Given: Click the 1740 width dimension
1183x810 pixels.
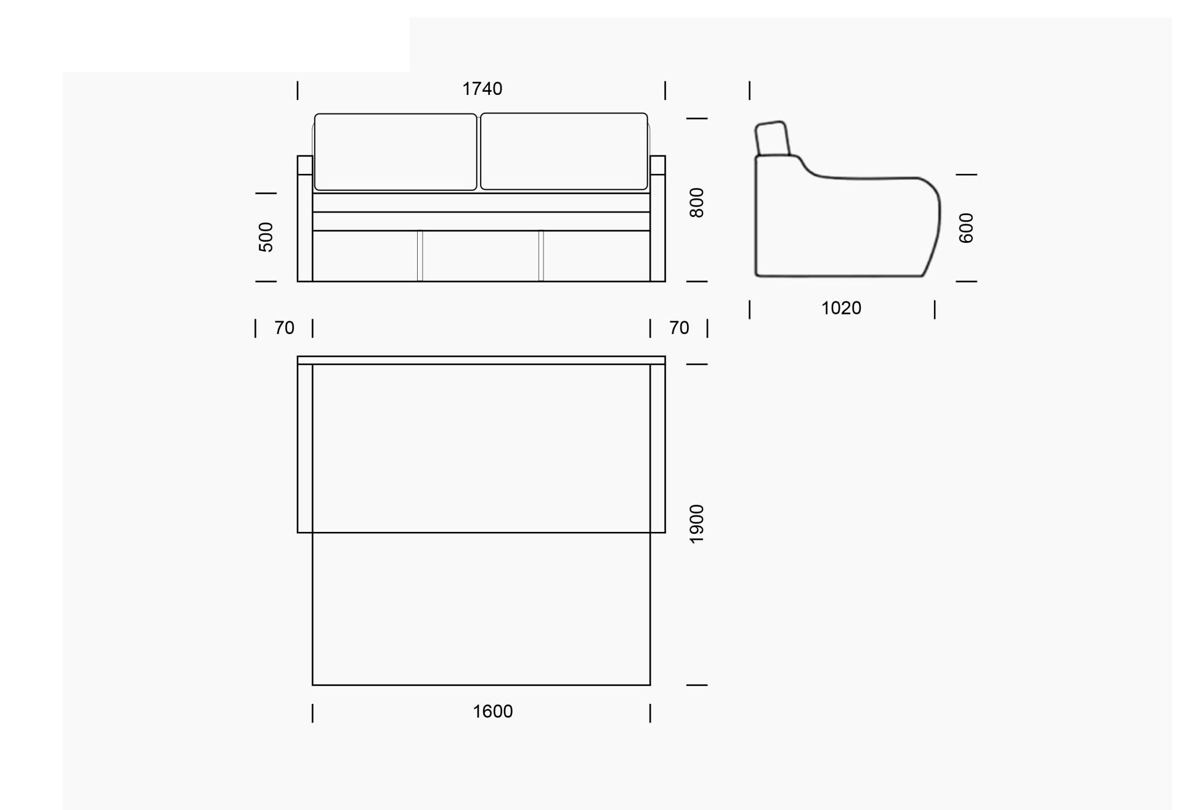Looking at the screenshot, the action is pyautogui.click(x=482, y=89).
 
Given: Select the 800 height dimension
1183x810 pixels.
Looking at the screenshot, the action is pyautogui.click(x=696, y=203).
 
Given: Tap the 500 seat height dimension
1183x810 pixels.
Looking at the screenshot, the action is pyautogui.click(x=266, y=237).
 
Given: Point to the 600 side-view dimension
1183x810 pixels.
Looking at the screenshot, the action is pyautogui.click(x=966, y=228).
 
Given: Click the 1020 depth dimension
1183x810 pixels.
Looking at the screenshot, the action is pyautogui.click(x=841, y=308).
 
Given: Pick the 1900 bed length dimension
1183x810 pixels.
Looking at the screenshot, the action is pyautogui.click(x=696, y=524).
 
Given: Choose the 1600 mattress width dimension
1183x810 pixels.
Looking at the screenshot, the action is pyautogui.click(x=493, y=711).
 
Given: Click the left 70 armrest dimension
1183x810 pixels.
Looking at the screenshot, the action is pyautogui.click(x=284, y=328).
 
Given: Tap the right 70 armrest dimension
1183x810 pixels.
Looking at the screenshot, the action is pyautogui.click(x=679, y=328).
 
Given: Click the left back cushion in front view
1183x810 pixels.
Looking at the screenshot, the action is pyautogui.click(x=396, y=152).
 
